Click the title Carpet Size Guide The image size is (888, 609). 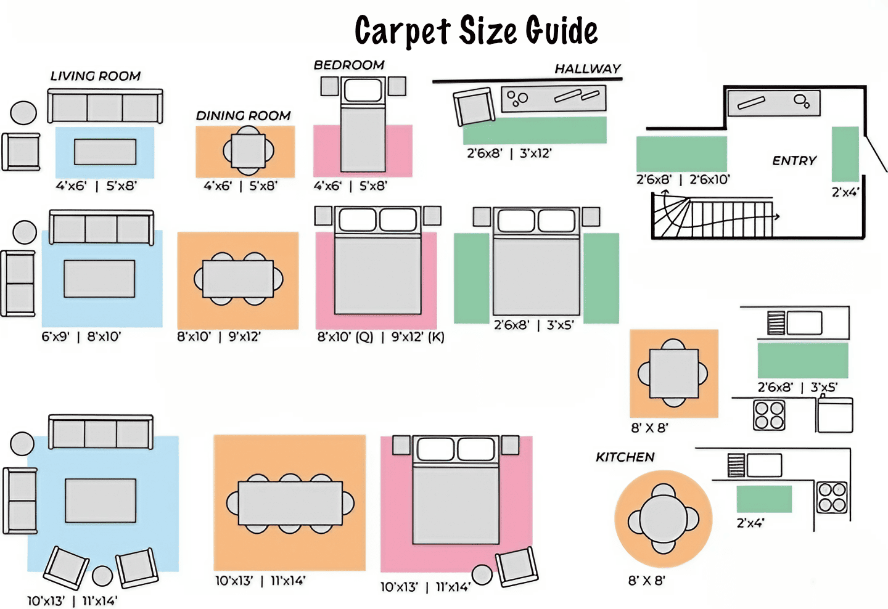pyautogui.click(x=476, y=31)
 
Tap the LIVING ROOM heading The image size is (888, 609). pyautogui.click(x=96, y=76)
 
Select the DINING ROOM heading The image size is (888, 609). pyautogui.click(x=243, y=115)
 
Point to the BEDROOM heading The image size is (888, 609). pyautogui.click(x=349, y=65)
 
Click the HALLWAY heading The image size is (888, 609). pyautogui.click(x=587, y=68)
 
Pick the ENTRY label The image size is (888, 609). pyautogui.click(x=794, y=160)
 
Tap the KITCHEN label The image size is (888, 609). pyautogui.click(x=625, y=457)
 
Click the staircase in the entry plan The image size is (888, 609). pyautogui.click(x=712, y=217)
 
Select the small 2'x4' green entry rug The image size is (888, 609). pyautogui.click(x=845, y=153)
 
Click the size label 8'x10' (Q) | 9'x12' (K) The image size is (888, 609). pyautogui.click(x=380, y=337)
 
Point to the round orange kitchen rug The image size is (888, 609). pyautogui.click(x=664, y=519)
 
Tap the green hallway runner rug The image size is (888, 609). pyautogui.click(x=535, y=130)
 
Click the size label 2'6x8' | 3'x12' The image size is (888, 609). pyautogui.click(x=509, y=153)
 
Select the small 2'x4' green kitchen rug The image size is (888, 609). pyautogui.click(x=764, y=499)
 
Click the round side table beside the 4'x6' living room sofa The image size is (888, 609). pyautogui.click(x=23, y=113)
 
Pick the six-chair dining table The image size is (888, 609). pyautogui.click(x=290, y=503)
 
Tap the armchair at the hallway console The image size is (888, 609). pyautogui.click(x=474, y=107)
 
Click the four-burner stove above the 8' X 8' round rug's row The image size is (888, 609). pyautogui.click(x=769, y=415)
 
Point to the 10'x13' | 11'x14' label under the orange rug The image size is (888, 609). pyautogui.click(x=260, y=580)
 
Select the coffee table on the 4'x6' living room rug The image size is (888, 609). pyautogui.click(x=105, y=152)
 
